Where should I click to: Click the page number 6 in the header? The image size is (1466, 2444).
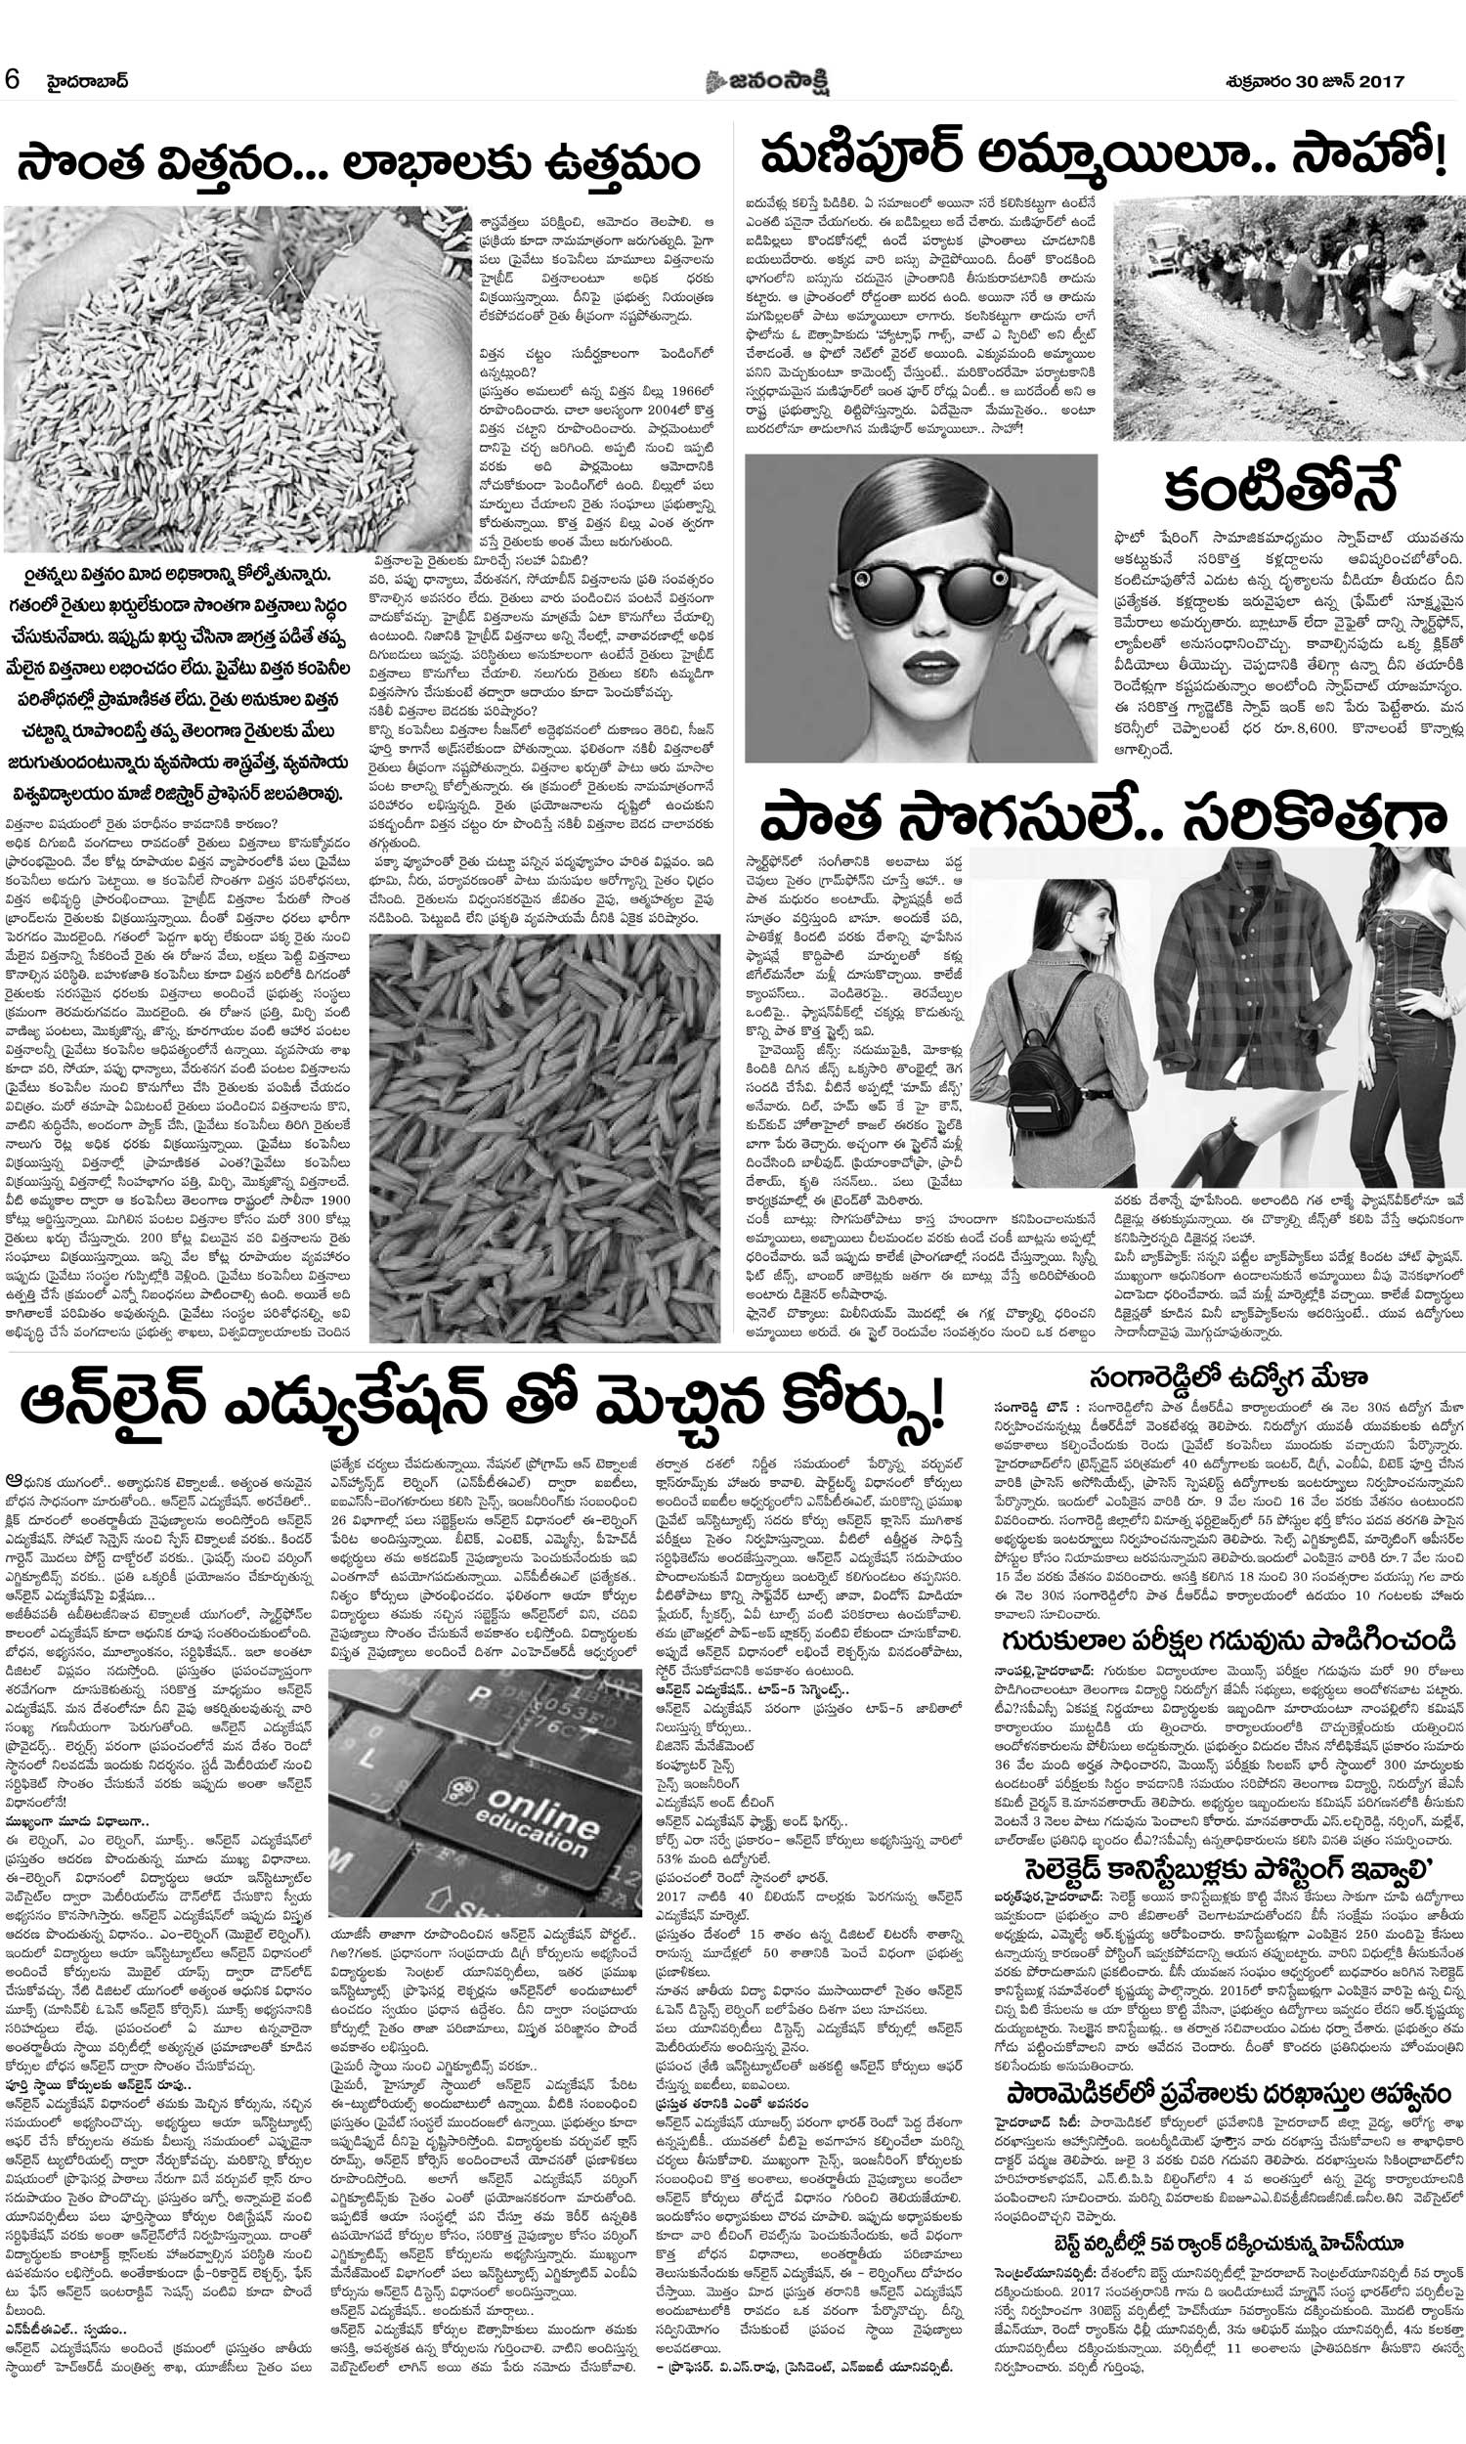13,80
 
